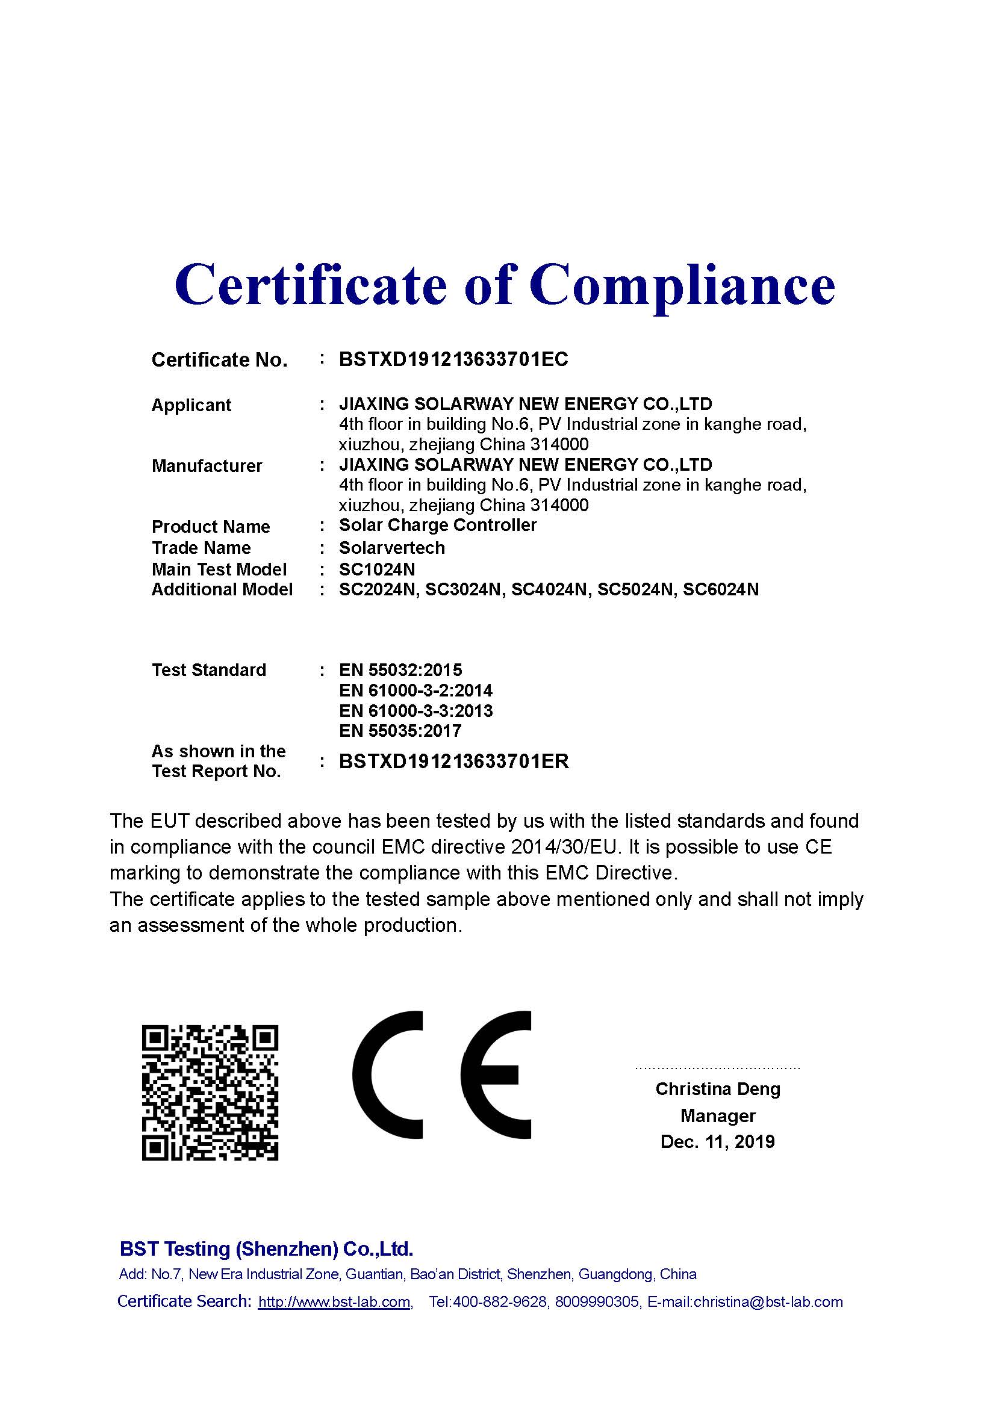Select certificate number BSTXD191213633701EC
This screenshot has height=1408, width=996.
tap(453, 359)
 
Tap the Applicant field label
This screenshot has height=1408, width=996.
tap(191, 405)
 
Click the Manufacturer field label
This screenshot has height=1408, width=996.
tap(207, 466)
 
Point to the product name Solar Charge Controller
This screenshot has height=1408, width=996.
tap(437, 526)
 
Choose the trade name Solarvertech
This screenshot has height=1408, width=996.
tap(391, 548)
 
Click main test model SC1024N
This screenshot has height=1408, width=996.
tap(376, 569)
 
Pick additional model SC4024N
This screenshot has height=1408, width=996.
tap(549, 590)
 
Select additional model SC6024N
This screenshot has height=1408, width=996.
tap(721, 590)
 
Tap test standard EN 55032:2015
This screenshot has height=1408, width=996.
tap(400, 670)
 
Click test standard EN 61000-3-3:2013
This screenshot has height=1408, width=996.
tap(416, 712)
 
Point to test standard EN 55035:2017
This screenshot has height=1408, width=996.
tap(400, 731)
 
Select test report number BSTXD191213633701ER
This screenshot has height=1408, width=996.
tap(453, 761)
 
